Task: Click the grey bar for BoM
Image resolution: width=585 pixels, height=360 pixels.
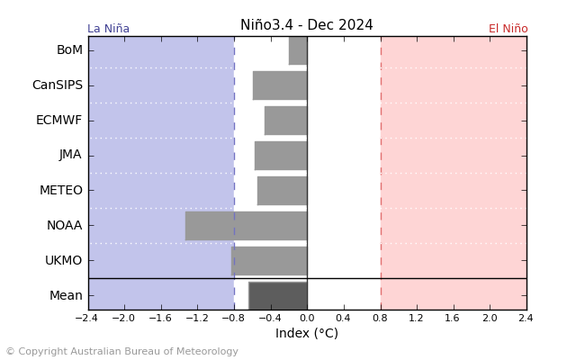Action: (298, 50)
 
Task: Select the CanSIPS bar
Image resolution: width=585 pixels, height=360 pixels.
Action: (280, 85)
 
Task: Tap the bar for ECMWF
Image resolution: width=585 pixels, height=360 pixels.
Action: (285, 121)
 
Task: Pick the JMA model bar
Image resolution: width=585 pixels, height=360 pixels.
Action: (281, 155)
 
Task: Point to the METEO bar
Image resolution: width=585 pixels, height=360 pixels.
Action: (282, 190)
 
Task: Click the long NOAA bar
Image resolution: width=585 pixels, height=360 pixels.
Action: (246, 225)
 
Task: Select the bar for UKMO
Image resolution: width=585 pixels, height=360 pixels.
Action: (269, 260)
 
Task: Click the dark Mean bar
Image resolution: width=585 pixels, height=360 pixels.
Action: (278, 295)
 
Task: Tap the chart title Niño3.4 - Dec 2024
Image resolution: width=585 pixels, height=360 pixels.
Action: (306, 25)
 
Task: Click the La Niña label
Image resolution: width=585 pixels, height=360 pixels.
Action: (108, 29)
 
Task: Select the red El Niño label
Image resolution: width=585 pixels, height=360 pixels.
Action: (508, 29)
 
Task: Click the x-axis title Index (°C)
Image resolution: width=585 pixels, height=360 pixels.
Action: (306, 334)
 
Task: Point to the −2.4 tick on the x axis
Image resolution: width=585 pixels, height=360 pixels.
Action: (86, 319)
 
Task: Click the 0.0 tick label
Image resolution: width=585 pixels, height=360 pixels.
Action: (307, 319)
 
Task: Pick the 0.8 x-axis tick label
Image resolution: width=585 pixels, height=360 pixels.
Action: (380, 319)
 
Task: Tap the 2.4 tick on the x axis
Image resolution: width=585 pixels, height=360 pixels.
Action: (526, 319)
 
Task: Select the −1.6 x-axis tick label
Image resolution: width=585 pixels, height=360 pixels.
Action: (159, 319)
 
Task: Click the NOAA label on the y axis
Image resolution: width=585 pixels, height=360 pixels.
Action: (65, 225)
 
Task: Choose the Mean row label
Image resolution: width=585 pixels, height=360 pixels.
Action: (66, 295)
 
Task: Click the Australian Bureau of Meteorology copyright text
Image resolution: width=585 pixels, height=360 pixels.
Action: (121, 352)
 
